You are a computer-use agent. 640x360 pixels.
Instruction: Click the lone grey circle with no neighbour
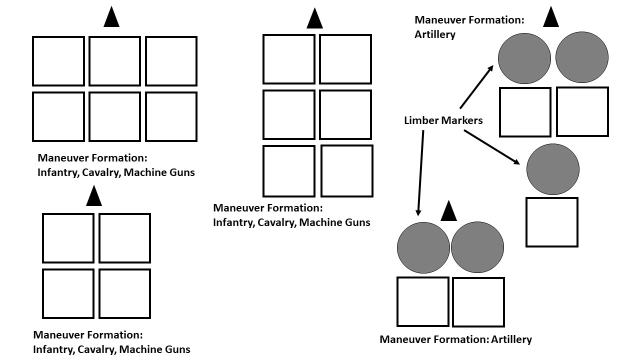click(552, 169)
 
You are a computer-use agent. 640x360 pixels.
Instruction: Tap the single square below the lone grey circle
click(552, 222)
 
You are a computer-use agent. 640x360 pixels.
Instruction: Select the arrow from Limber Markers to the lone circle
click(492, 146)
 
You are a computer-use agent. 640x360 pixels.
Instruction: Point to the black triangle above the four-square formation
click(94, 195)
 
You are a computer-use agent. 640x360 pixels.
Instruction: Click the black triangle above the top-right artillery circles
click(550, 17)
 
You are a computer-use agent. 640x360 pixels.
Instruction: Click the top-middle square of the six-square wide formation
click(114, 61)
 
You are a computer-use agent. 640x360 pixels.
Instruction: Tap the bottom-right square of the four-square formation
click(124, 293)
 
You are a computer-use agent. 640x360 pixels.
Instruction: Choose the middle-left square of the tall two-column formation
click(289, 114)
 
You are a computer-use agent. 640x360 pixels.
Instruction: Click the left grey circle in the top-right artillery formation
click(524, 58)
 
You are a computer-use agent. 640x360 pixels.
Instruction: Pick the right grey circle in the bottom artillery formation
click(477, 247)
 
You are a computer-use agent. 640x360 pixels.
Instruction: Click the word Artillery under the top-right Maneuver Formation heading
click(435, 34)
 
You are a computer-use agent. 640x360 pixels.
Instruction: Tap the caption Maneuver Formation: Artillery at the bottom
click(455, 339)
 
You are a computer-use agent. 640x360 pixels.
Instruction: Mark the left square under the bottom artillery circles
click(422, 301)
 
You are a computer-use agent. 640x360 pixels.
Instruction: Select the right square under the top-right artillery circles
click(582, 111)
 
